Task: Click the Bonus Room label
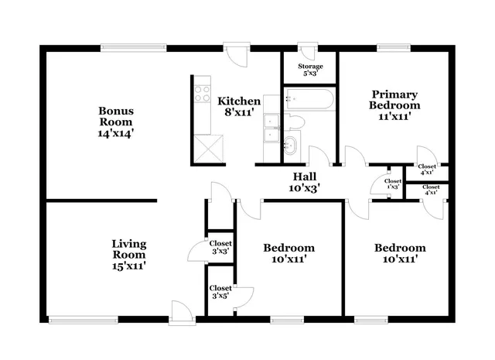tap(115, 122)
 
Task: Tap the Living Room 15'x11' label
tap(129, 254)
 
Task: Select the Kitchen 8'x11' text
tap(239, 107)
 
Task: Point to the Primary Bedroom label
tap(394, 105)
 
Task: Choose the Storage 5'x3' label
tap(311, 70)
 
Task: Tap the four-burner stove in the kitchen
tap(202, 94)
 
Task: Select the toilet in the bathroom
tap(295, 122)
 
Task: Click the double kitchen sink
tap(270, 129)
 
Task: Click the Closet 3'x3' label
tap(220, 247)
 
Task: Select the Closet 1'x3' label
tap(394, 183)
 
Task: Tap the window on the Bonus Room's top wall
tap(131, 48)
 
